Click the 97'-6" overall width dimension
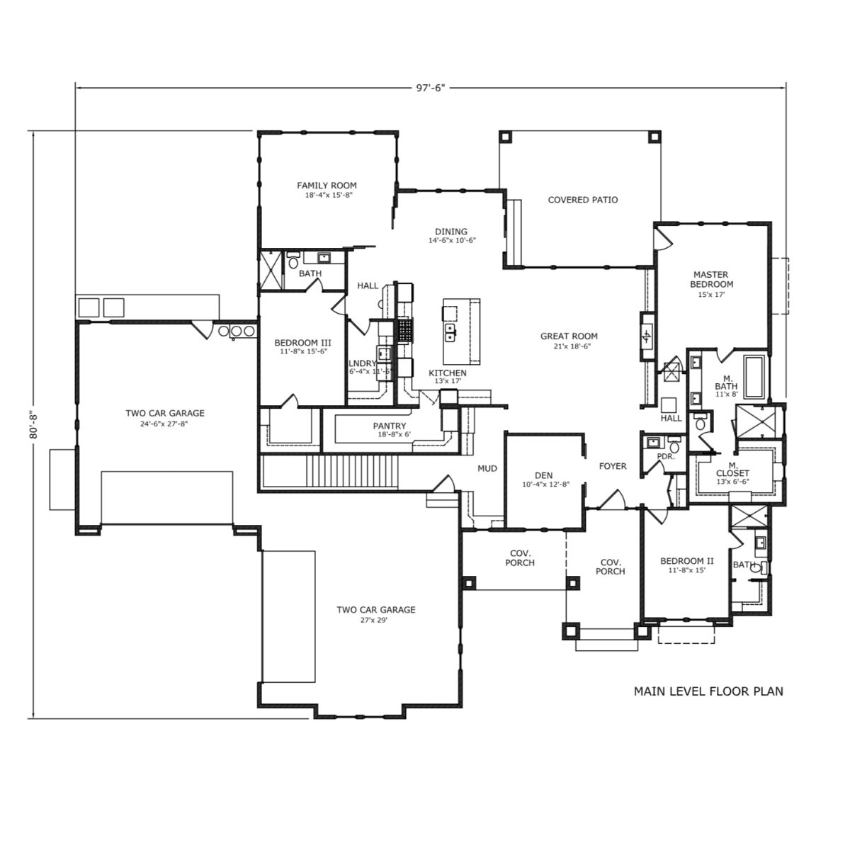(431, 87)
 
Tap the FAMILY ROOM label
(327, 186)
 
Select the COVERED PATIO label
(583, 200)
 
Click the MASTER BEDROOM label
(711, 280)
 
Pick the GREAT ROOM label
(569, 336)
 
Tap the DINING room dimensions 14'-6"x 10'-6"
(452, 241)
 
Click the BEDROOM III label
(302, 343)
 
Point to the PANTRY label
(389, 426)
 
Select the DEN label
(543, 475)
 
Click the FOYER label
(613, 466)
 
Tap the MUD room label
(487, 468)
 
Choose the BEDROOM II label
(687, 561)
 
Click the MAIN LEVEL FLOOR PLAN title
(708, 691)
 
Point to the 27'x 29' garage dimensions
(376, 620)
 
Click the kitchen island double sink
(450, 333)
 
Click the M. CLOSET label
(732, 469)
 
